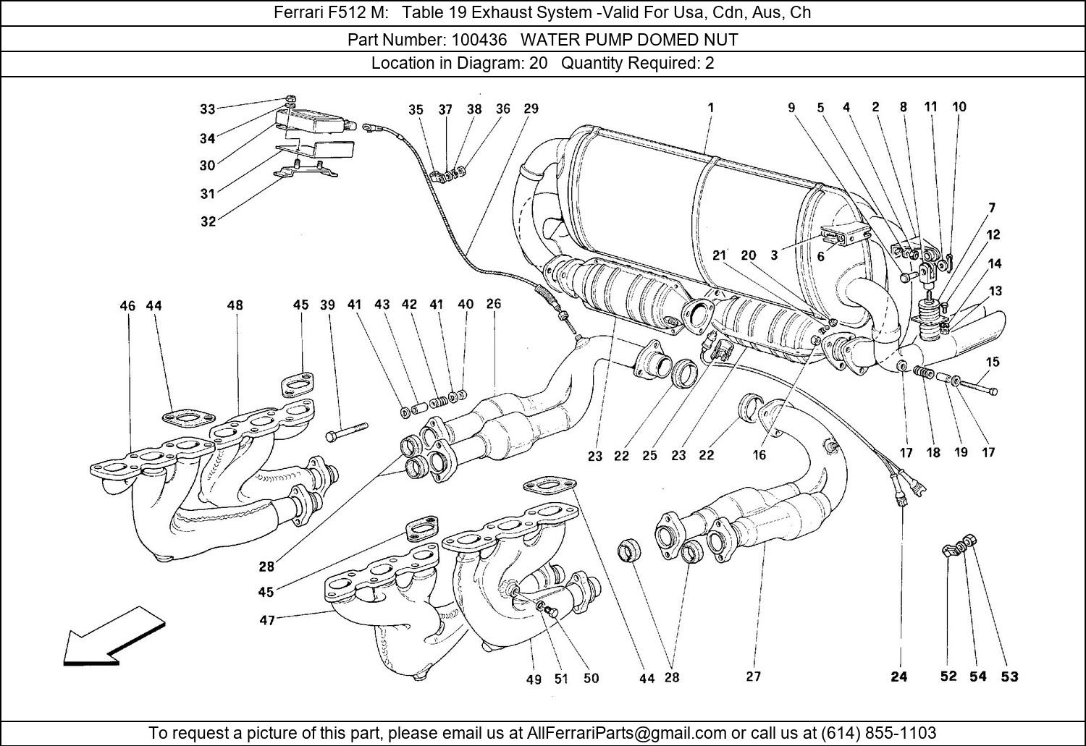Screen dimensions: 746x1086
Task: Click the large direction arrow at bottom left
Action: coord(112,637)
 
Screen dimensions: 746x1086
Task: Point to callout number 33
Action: coord(208,109)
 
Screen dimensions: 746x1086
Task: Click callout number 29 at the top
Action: coord(531,109)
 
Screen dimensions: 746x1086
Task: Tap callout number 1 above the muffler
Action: coord(711,107)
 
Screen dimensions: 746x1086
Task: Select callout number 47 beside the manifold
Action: coord(267,620)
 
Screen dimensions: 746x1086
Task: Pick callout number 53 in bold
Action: coord(1009,677)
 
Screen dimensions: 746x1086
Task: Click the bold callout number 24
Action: coord(898,677)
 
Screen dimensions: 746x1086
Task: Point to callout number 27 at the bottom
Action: coord(753,677)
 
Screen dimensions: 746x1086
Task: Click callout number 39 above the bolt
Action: coord(327,305)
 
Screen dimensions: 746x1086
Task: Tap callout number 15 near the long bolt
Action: coord(992,362)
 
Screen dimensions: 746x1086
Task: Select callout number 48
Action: coord(235,305)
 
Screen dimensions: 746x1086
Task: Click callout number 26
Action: coord(493,304)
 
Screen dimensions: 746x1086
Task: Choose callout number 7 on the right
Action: coord(991,208)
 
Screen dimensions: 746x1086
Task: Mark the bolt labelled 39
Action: coord(348,432)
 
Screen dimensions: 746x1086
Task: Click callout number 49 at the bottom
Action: coord(534,679)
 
